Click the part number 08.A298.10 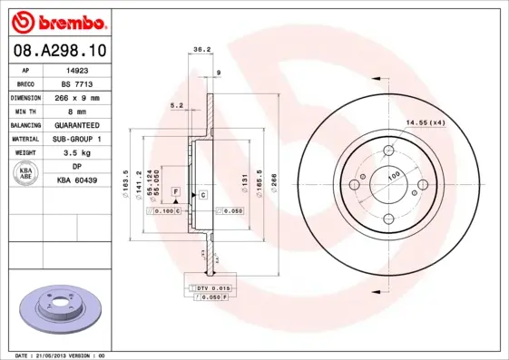click(x=59, y=50)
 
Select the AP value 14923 click(x=77, y=68)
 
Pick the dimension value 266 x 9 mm click(x=77, y=96)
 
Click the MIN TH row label click(x=25, y=111)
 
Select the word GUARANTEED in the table click(x=77, y=124)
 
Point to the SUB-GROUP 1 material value click(x=77, y=139)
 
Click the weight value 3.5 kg click(x=77, y=153)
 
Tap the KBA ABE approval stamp click(x=24, y=174)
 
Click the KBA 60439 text click(x=77, y=181)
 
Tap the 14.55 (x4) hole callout click(x=426, y=122)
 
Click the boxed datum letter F click(x=176, y=194)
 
